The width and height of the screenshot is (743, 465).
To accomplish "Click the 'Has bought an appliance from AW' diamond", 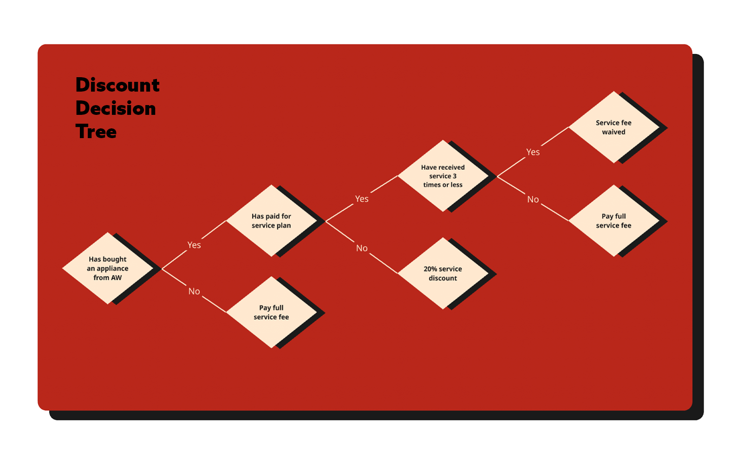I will pyautogui.click(x=108, y=268).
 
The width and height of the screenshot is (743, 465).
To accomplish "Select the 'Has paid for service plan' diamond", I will pyautogui.click(x=271, y=221).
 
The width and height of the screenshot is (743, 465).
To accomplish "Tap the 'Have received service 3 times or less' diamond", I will pyautogui.click(x=443, y=176).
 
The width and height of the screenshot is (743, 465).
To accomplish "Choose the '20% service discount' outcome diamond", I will pyautogui.click(x=443, y=273).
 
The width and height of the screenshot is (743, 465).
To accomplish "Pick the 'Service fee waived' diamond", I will pyautogui.click(x=613, y=127).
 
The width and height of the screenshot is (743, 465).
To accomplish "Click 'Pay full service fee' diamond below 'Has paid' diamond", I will pyautogui.click(x=271, y=312).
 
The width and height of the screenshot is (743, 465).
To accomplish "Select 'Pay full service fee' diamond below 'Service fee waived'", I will pyautogui.click(x=613, y=221).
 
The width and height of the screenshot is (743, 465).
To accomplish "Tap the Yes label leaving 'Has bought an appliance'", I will pyautogui.click(x=194, y=245).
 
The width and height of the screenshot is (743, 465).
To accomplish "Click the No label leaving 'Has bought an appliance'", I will pyautogui.click(x=194, y=292).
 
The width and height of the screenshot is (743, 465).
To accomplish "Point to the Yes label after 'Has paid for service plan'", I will pyautogui.click(x=362, y=199).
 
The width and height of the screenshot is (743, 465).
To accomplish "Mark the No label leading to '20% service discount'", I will pyautogui.click(x=362, y=248).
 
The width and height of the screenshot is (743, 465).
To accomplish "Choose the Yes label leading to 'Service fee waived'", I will pyautogui.click(x=533, y=152).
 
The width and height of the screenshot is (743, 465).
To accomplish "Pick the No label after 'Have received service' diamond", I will pyautogui.click(x=533, y=199).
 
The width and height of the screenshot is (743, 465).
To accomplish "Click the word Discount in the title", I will pyautogui.click(x=117, y=85).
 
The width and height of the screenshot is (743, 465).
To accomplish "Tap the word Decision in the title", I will pyautogui.click(x=116, y=108).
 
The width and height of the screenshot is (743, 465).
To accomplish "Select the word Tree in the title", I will pyautogui.click(x=96, y=132).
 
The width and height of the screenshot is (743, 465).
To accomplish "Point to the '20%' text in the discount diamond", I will pyautogui.click(x=430, y=269).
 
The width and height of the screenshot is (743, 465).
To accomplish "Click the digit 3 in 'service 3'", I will pyautogui.click(x=455, y=176).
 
